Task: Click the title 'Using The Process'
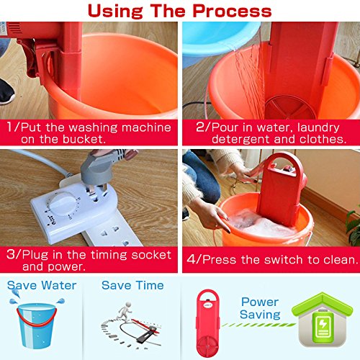[180, 11]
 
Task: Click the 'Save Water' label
[41, 286]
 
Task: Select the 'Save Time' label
[132, 286]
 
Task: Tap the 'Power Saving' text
[259, 308]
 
